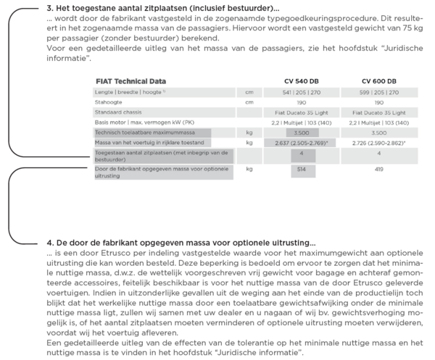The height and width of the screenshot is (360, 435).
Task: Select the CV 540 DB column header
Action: pos(301,81)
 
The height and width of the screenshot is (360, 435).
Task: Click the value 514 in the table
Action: pos(301,169)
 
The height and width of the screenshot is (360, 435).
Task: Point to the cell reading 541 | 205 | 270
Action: pos(301,93)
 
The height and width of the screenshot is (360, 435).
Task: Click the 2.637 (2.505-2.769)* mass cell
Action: pos(301,144)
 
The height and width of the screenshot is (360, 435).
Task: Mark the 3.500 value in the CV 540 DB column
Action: pos(301,134)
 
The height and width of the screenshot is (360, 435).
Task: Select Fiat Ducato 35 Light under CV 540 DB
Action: pos(301,113)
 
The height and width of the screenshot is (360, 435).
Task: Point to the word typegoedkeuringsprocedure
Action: pos(273,17)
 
